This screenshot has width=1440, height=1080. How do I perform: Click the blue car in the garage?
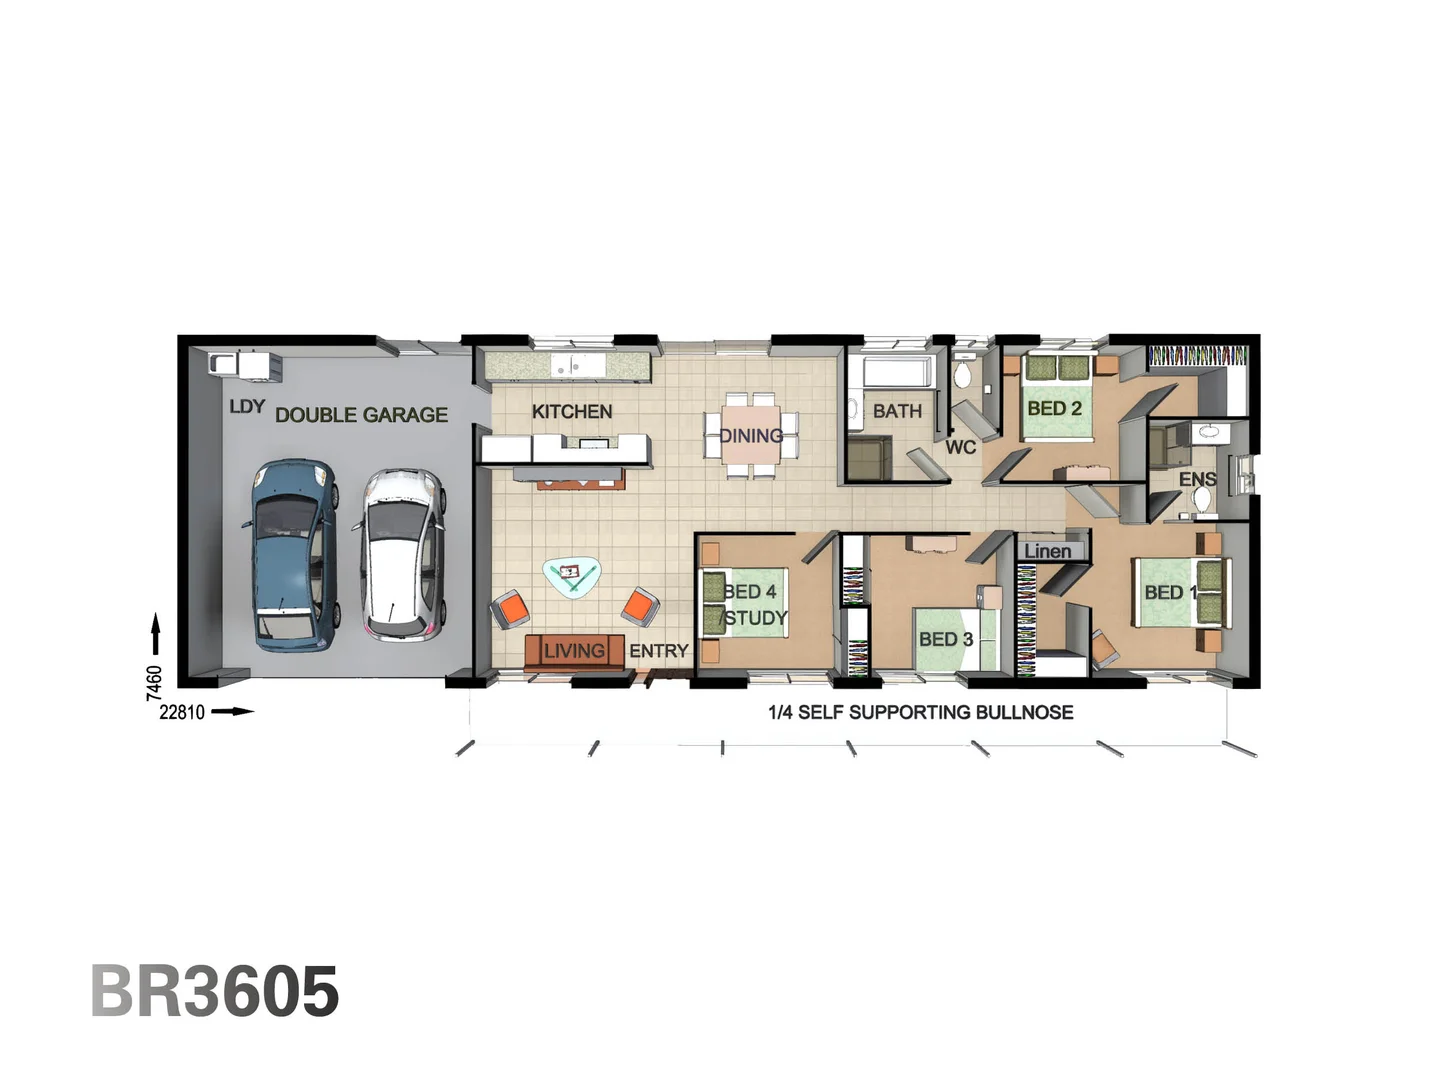coord(291,555)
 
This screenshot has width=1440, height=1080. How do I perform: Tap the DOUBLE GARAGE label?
coord(361,414)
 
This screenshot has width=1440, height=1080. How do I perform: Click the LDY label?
coord(247,406)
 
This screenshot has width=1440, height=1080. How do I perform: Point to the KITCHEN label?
coord(572,411)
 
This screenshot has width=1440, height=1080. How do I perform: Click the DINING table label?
coord(751,435)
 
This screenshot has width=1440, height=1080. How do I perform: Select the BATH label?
coord(897,411)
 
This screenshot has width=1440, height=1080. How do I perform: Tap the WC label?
coord(960,447)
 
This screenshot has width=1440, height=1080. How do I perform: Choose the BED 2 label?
coord(1054,408)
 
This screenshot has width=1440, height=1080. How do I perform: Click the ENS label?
coord(1197,480)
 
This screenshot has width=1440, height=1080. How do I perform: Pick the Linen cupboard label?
coord(1047,551)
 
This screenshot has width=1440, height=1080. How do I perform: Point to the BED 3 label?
coord(945,639)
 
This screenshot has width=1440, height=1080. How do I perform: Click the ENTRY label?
coord(658,651)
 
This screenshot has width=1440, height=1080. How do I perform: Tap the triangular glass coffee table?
coord(572,575)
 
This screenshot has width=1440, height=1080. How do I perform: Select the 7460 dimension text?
coord(154,682)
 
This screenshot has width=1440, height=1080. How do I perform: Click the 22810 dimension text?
coord(182,712)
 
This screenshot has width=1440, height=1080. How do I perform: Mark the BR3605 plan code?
coord(215,991)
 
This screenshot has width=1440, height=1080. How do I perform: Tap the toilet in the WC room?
coord(962,374)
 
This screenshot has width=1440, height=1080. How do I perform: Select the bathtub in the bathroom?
coord(897,372)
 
